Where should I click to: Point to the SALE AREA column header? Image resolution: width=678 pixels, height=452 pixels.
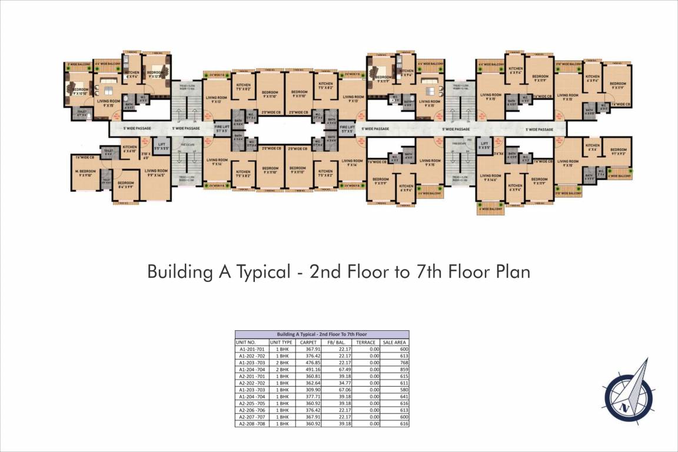(x=395, y=342)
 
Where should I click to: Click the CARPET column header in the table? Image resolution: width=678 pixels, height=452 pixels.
(x=308, y=342)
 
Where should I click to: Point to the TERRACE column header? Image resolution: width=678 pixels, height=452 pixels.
(x=366, y=342)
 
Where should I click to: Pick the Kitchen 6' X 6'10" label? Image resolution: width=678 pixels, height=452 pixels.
(x=130, y=149)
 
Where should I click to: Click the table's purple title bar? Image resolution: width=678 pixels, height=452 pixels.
(x=321, y=334)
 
